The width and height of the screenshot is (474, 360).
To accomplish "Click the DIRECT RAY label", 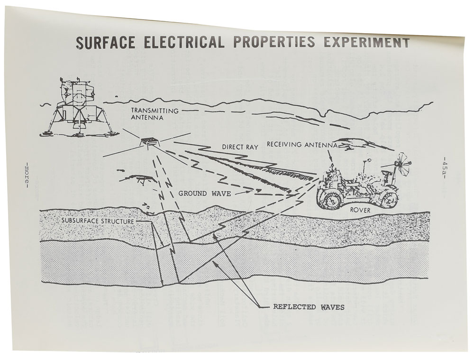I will [x=240, y=147].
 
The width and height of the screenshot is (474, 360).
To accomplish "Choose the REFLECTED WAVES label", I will [x=309, y=307].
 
